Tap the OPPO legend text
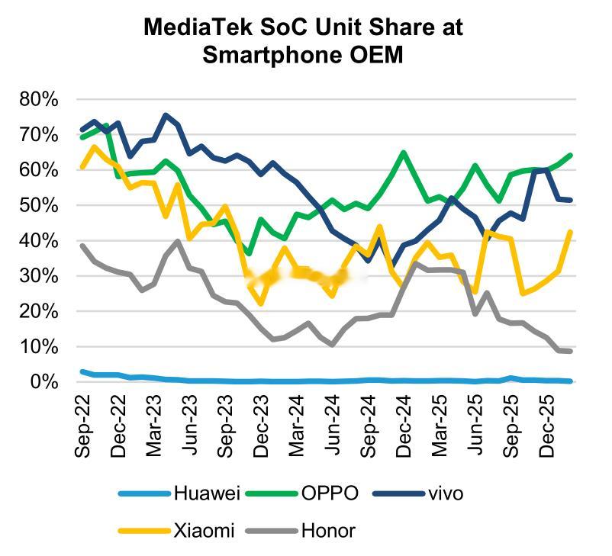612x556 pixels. point(329,493)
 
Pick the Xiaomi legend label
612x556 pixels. point(205,530)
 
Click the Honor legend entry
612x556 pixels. point(328,530)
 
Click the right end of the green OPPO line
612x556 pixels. point(571,155)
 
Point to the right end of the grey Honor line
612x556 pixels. point(571,351)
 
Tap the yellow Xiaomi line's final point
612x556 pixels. point(571,232)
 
